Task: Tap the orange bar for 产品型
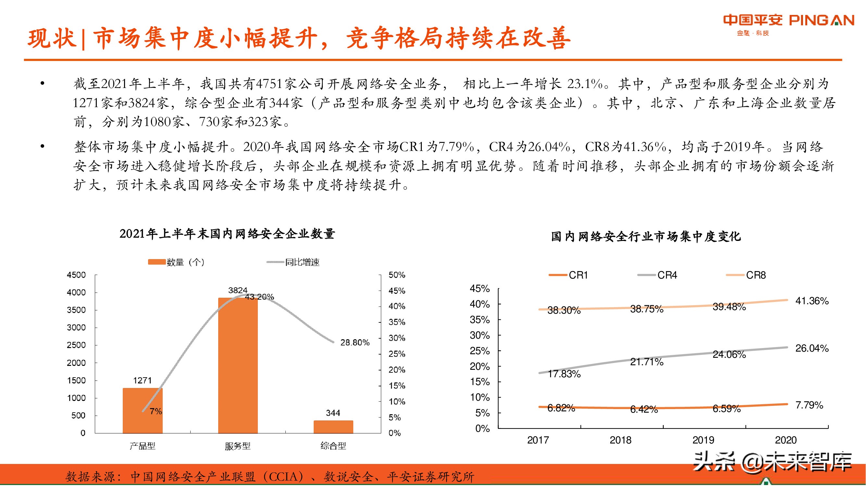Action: pos(143,410)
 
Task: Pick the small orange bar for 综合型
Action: pos(333,427)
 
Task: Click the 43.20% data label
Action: pos(259,297)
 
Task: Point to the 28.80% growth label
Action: pos(355,343)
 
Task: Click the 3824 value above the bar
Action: pos(238,290)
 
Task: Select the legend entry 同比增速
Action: pos(302,262)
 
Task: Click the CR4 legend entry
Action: pos(667,275)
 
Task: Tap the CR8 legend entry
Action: pos(755,275)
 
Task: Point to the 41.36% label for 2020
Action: pos(811,301)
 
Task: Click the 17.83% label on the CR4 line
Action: pos(564,374)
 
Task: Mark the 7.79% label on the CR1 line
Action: pos(809,405)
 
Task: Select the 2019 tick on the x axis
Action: pos(703,440)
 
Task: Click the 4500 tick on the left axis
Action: pos(76,275)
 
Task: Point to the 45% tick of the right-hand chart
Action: pos(479,288)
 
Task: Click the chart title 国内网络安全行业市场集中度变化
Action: pos(646,236)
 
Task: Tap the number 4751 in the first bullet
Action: pos(269,84)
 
